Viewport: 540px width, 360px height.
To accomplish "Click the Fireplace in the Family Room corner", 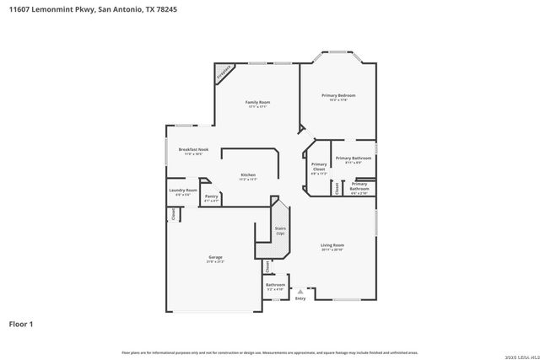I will (224, 73).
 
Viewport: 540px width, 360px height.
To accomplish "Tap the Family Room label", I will (257, 102).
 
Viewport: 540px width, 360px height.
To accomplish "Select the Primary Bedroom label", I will (338, 95).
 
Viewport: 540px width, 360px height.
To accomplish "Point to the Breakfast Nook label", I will (193, 149).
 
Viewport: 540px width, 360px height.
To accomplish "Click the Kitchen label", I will (248, 175).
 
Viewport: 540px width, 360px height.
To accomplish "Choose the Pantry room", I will (212, 197).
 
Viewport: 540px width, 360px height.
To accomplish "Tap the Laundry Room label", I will (183, 191).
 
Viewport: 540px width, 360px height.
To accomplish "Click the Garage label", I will (215, 257).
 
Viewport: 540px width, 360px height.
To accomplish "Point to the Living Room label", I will (332, 245).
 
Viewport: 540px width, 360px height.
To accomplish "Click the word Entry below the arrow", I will (300, 298).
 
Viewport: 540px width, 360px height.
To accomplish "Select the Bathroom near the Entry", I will (276, 286).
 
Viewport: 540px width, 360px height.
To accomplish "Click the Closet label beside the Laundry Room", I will (174, 214).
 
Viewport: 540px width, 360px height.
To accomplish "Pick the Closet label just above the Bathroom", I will (267, 266).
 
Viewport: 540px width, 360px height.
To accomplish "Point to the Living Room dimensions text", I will (332, 250).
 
